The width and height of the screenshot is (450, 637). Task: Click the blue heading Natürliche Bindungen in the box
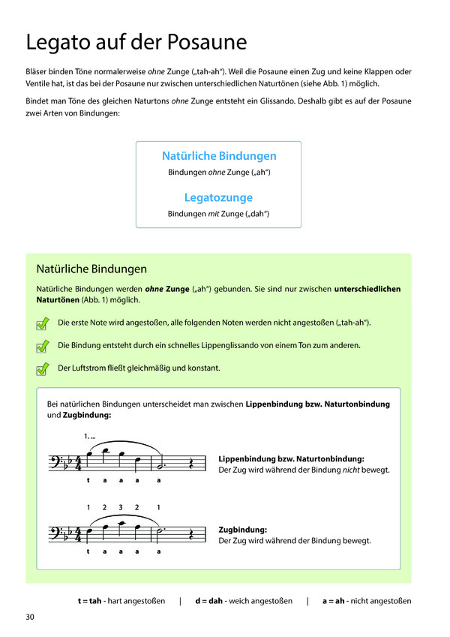pos(219,156)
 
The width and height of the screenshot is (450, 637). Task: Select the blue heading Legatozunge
pos(218,197)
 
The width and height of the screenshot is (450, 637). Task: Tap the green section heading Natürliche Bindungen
pos(91,269)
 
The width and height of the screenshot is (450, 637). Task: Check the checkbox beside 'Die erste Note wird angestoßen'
pos(42,323)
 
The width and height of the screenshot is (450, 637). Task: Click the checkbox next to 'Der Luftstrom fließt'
pos(42,368)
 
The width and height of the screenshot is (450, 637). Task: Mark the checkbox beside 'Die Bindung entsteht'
pos(42,346)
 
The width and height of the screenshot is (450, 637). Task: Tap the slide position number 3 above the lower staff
pos(120,507)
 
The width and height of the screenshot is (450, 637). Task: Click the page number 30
pos(30,617)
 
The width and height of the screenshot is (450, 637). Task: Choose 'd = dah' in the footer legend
pos(210,601)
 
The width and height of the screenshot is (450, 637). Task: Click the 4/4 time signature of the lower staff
pos(78,533)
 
